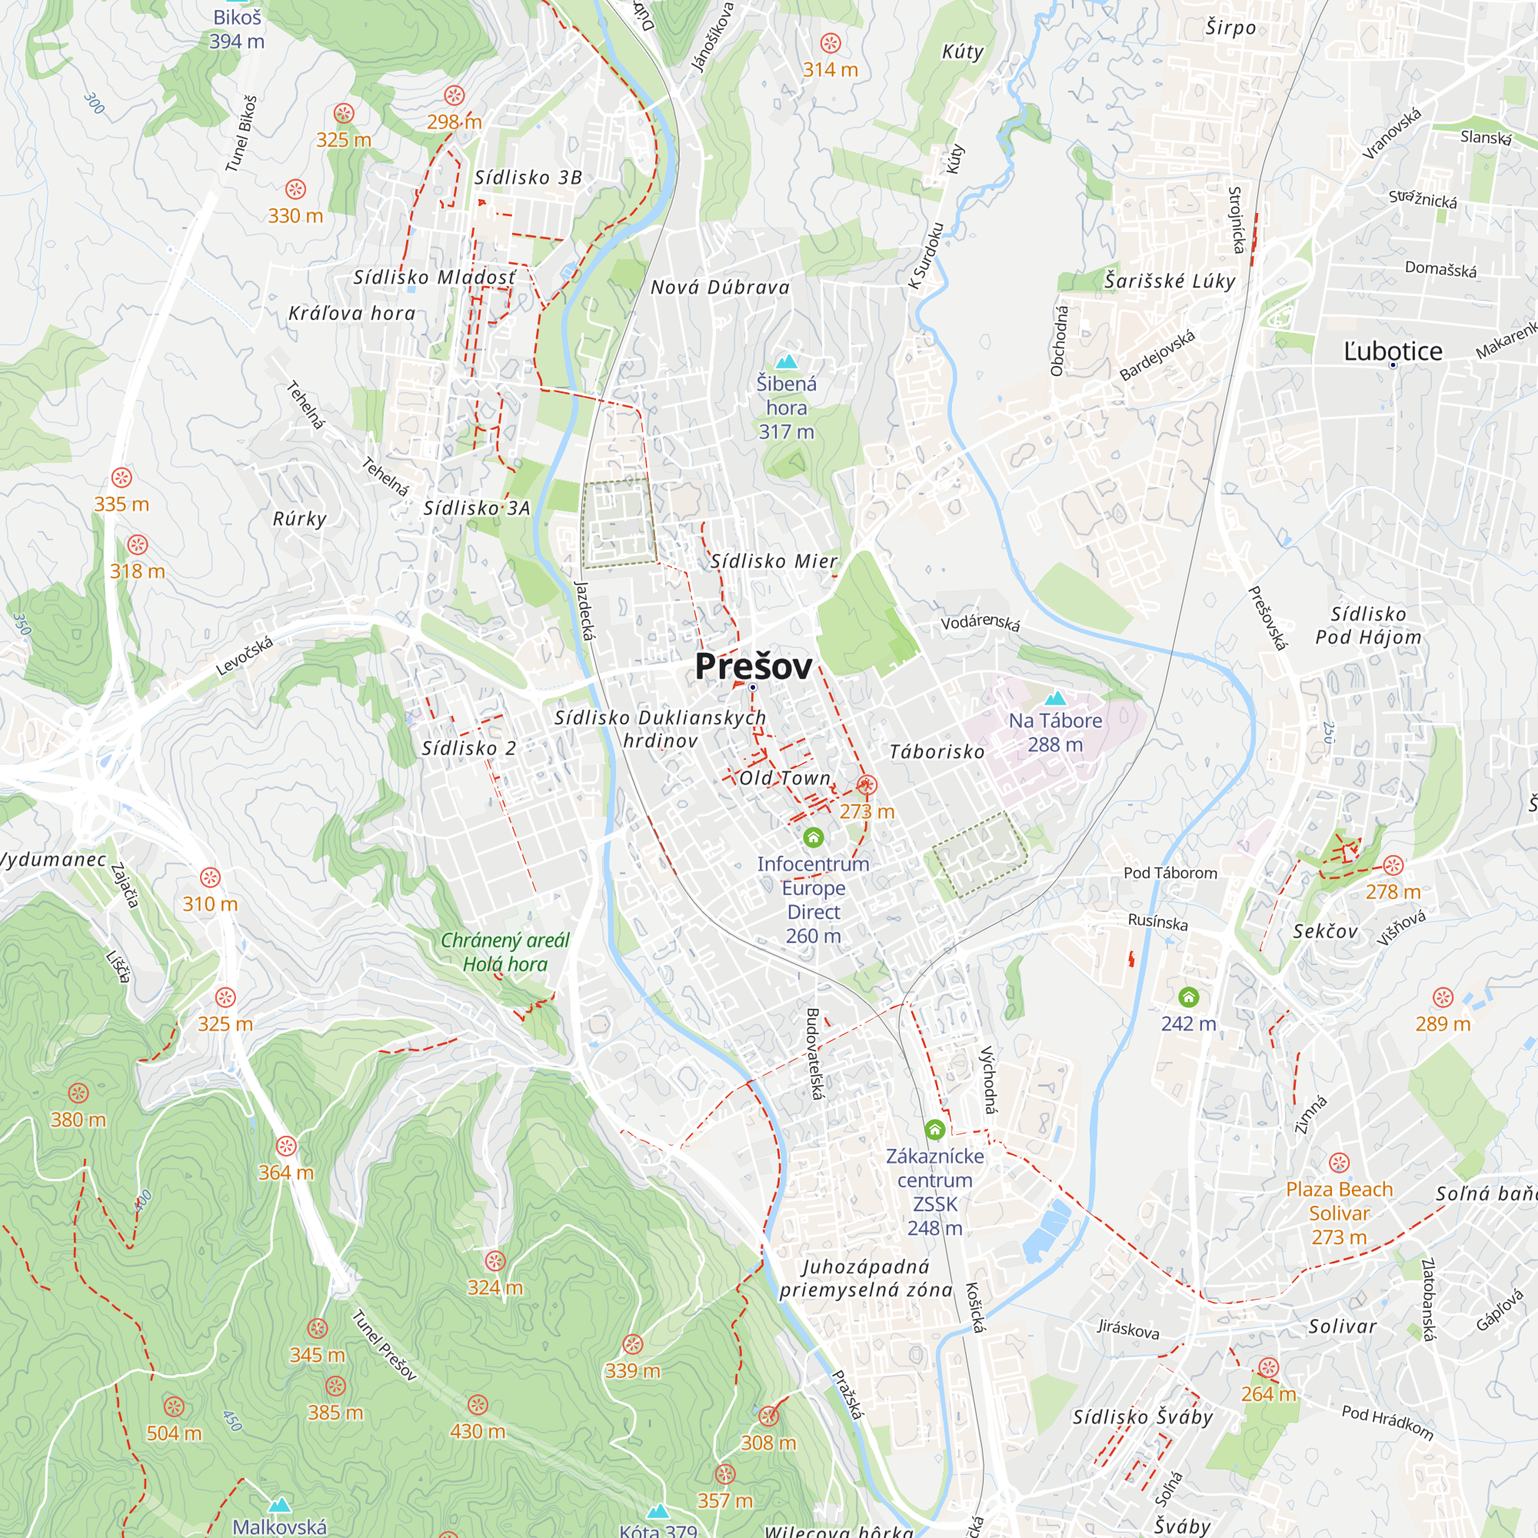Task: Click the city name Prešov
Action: coord(753,666)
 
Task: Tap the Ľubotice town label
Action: coord(1393,351)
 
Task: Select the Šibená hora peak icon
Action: coord(787,362)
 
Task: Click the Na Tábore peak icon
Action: coord(1055,699)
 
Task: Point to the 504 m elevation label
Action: coord(174,1433)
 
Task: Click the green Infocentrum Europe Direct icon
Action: coord(813,837)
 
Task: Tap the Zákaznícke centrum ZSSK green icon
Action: coord(934,1129)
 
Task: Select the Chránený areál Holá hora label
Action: coord(504,952)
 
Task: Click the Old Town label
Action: coord(785,777)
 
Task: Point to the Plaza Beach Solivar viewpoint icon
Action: coord(1339,1163)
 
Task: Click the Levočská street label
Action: coord(245,656)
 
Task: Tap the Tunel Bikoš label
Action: coord(241,134)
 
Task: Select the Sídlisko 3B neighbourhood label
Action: coord(528,178)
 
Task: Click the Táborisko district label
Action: coord(936,751)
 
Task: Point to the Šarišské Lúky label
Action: coord(1170,281)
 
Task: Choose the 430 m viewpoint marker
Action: coord(478,1405)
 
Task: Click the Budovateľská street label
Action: coord(813,1054)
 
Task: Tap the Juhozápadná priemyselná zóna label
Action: coord(865,1277)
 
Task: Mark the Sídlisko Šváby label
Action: coord(1143,1417)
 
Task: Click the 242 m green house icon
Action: coord(1189,997)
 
